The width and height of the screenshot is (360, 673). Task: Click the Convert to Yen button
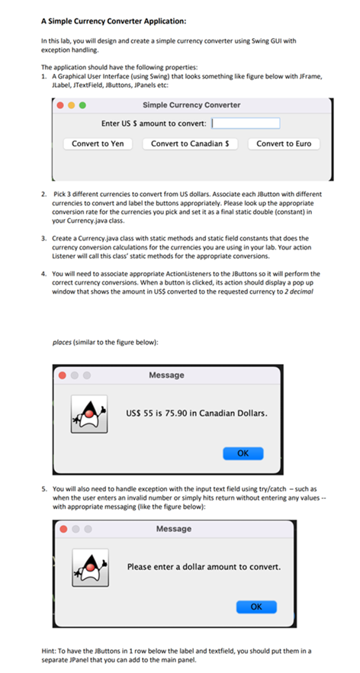click(101, 143)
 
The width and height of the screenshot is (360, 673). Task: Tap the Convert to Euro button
click(284, 143)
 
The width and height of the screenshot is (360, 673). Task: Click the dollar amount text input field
click(245, 124)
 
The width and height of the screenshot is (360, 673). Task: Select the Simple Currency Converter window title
click(191, 105)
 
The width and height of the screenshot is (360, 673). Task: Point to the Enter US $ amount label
click(153, 124)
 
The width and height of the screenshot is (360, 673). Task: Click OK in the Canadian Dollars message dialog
click(243, 452)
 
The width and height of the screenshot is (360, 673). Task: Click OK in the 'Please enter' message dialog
click(256, 607)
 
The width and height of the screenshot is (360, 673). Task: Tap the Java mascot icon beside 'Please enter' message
click(87, 567)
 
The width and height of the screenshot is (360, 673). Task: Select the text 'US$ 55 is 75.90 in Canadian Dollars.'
click(197, 414)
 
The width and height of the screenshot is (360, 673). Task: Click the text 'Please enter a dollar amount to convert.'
click(204, 567)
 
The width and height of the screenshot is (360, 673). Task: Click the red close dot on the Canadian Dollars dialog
click(59, 375)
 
